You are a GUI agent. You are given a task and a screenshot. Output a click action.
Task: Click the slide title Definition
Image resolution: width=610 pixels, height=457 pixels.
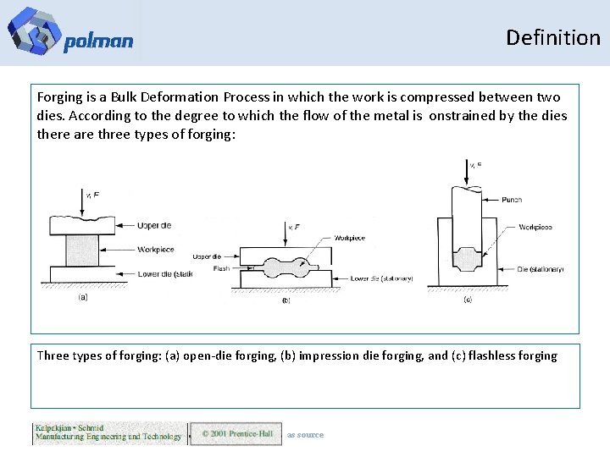click(552, 37)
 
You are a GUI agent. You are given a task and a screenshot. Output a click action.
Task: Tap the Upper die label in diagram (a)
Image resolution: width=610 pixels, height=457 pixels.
click(155, 225)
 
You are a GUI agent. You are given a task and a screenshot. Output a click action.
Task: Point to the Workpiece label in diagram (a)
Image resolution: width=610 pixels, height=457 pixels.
click(156, 250)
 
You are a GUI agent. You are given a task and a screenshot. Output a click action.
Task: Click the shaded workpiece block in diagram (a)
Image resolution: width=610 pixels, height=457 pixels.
click(82, 251)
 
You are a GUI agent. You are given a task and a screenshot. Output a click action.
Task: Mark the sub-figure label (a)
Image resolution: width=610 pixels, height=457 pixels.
click(83, 298)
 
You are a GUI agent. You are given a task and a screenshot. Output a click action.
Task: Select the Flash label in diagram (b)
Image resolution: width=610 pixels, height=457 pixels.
click(221, 269)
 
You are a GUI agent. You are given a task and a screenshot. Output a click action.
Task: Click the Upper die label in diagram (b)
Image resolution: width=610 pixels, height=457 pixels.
click(207, 256)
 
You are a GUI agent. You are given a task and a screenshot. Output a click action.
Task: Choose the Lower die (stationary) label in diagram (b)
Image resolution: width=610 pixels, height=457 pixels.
click(381, 278)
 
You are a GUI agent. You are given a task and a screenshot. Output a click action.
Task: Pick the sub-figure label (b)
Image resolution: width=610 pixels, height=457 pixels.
click(286, 300)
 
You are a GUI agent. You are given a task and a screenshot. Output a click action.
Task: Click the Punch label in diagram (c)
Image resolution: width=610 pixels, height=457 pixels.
click(511, 200)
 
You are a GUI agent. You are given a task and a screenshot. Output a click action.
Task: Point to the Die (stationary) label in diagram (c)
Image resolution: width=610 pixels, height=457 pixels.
click(541, 269)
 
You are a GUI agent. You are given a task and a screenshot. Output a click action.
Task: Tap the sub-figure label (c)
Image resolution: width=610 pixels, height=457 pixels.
click(468, 300)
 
